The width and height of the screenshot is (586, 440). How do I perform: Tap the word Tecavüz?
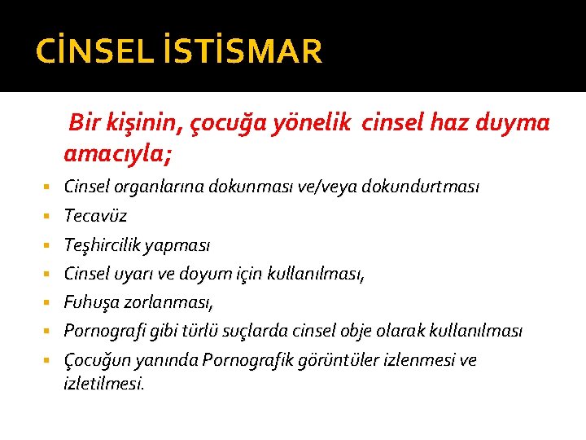[x=95, y=216]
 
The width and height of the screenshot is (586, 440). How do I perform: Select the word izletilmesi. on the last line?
[x=103, y=382]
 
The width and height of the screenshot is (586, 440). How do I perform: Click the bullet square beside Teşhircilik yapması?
[x=51, y=245]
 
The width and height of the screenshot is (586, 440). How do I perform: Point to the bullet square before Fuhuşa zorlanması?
[x=51, y=303]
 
